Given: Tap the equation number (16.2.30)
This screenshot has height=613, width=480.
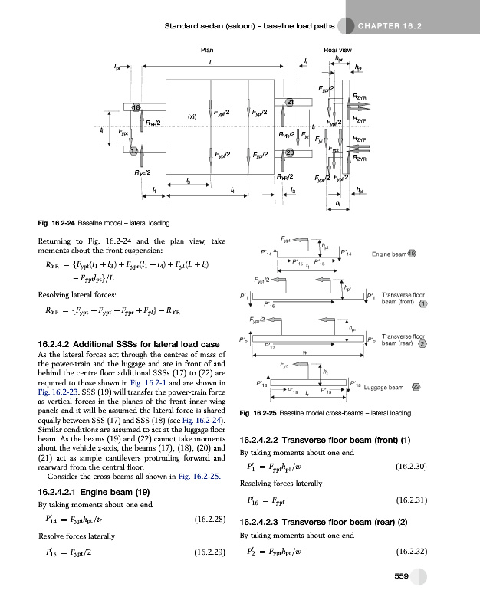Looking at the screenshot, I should [x=406, y=466].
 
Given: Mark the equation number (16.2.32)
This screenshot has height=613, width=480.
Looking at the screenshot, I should [x=406, y=551].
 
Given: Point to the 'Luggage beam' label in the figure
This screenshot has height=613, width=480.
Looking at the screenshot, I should [x=383, y=388].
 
